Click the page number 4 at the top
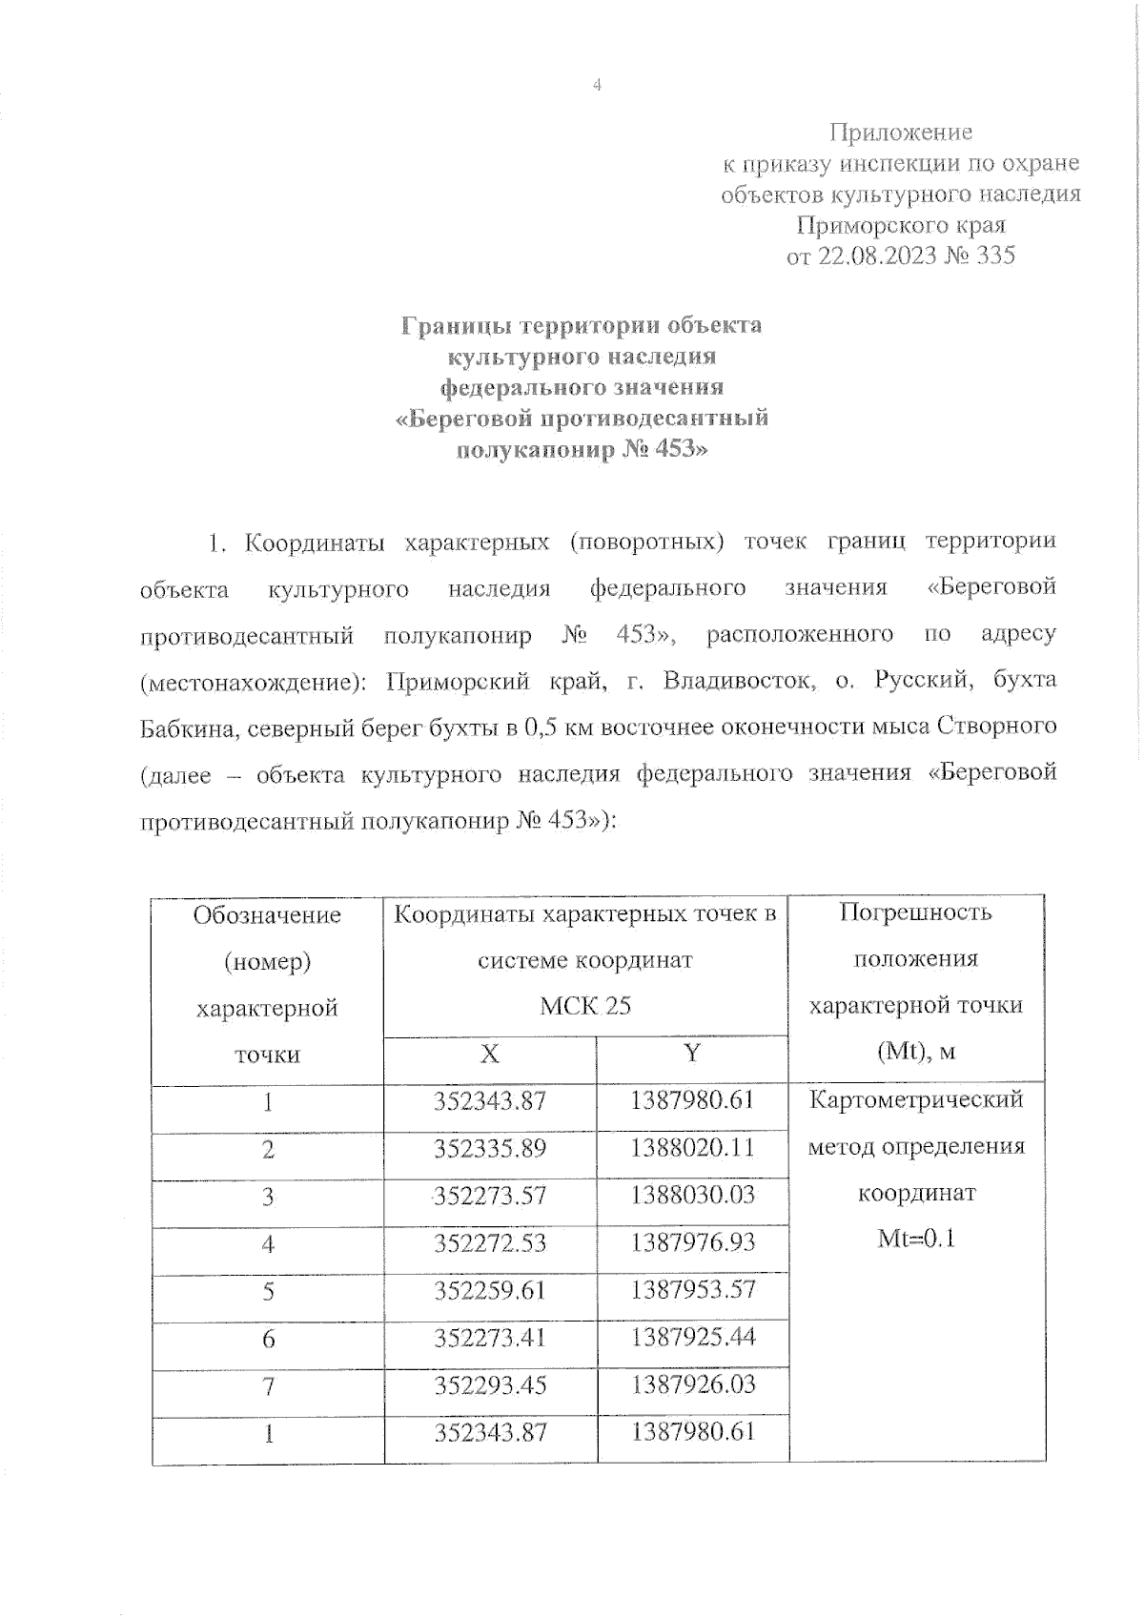pyautogui.click(x=598, y=86)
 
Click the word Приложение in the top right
pyautogui.click(x=900, y=132)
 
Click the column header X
pyautogui.click(x=489, y=1053)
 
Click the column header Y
pyautogui.click(x=692, y=1053)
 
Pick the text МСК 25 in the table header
pyautogui.click(x=584, y=1006)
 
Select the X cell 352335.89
pyautogui.click(x=490, y=1148)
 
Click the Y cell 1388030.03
pyautogui.click(x=692, y=1195)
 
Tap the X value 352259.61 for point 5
pyautogui.click(x=490, y=1290)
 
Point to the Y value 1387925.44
pyautogui.click(x=692, y=1337)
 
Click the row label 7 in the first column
pyautogui.click(x=268, y=1385)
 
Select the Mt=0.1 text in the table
pyautogui.click(x=916, y=1239)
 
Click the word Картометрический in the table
pyautogui.click(x=916, y=1099)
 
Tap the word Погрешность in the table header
pyautogui.click(x=916, y=912)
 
